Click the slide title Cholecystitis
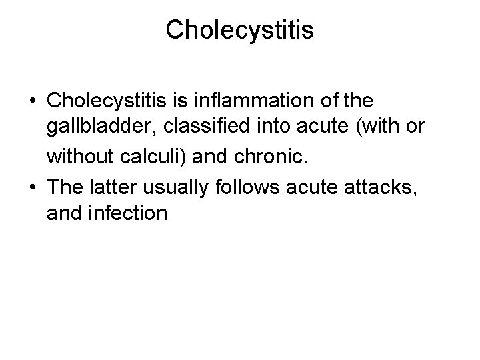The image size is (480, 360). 240,29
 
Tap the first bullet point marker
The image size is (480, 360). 33,101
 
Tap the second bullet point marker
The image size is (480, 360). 33,188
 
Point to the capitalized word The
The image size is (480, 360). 63,188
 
